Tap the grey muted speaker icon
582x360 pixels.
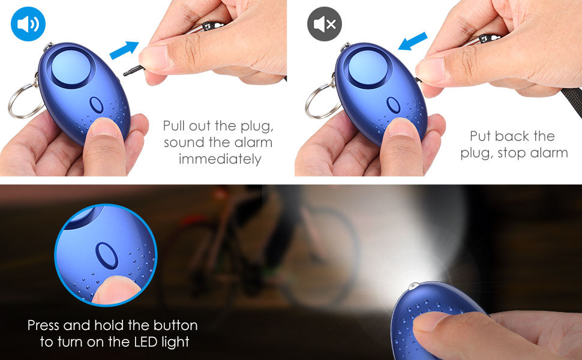325,24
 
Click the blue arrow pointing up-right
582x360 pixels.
124,49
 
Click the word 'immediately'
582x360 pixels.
220,159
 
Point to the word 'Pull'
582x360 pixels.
176,126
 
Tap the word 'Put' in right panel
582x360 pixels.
482,136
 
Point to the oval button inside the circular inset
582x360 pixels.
106,254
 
